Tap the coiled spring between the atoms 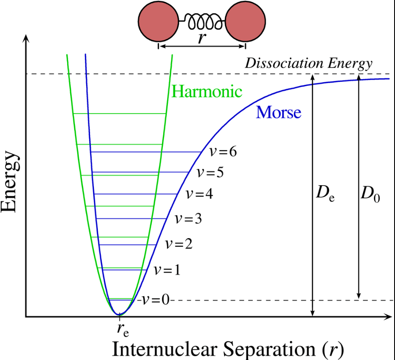pyautogui.click(x=201, y=20)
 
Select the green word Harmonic pyautogui.click(x=207, y=91)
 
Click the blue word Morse pyautogui.click(x=278, y=113)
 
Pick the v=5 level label pyautogui.click(x=210, y=173)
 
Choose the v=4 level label pyautogui.click(x=199, y=194)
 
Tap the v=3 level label pyautogui.click(x=188, y=219)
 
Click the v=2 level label pyautogui.click(x=179, y=244)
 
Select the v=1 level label pyautogui.click(x=167, y=270)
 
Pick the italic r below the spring pyautogui.click(x=201, y=38)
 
